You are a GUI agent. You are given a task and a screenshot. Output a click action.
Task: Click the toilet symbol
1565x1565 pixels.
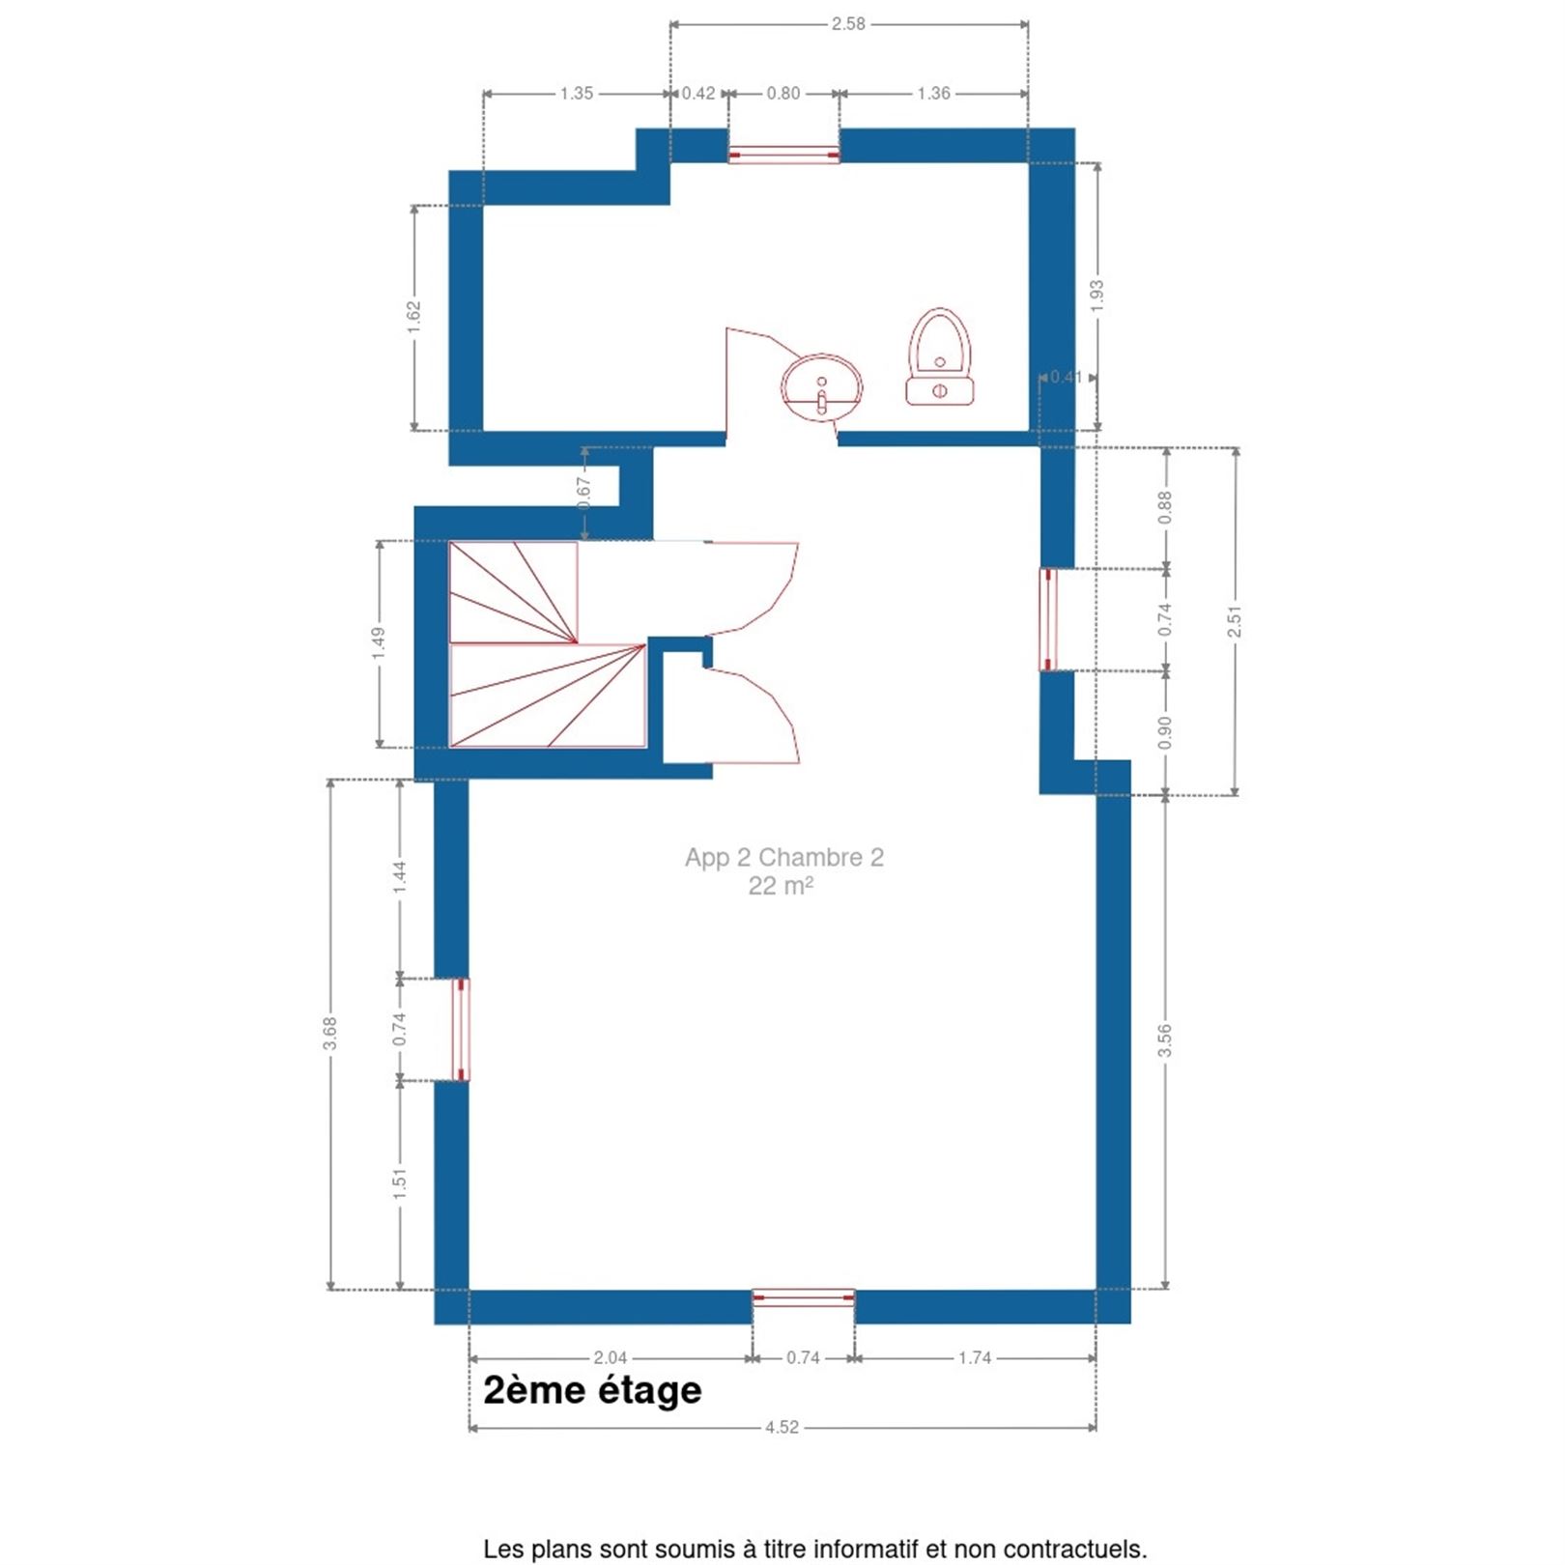[x=940, y=357]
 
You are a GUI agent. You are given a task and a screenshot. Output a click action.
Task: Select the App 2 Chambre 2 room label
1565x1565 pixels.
[x=783, y=857]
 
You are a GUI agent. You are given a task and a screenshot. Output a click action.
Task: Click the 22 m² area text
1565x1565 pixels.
[x=781, y=886]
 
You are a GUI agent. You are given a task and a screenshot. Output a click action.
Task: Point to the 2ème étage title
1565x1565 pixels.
[x=592, y=1390]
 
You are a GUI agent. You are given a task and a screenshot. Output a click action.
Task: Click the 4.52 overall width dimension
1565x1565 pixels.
[x=782, y=1427]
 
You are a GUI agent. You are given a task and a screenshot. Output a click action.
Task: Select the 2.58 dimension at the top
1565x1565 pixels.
[x=848, y=24]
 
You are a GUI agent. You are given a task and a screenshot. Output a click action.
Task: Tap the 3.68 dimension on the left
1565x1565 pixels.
[x=330, y=1034]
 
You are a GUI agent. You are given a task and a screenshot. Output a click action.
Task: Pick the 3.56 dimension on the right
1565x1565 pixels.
[x=1165, y=1040]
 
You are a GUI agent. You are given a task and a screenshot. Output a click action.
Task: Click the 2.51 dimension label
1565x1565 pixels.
[x=1235, y=621]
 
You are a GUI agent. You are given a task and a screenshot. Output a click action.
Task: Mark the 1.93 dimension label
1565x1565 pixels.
[x=1097, y=297]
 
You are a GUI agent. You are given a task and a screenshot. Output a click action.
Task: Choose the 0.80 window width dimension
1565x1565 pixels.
[x=783, y=94]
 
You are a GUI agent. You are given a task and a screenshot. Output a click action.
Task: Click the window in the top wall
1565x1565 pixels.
[x=783, y=155]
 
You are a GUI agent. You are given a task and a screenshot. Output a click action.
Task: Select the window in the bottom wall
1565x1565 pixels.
[x=804, y=1298]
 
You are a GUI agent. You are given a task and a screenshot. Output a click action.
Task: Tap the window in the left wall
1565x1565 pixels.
[x=461, y=1029]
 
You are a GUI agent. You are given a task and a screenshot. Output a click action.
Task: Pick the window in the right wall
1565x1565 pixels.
[x=1048, y=619]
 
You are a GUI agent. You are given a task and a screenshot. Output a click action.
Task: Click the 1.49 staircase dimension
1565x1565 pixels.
[x=379, y=644]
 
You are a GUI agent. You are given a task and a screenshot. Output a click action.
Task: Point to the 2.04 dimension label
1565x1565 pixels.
[x=610, y=1358]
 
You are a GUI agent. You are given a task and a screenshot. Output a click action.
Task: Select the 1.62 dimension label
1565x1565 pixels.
[x=414, y=318]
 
